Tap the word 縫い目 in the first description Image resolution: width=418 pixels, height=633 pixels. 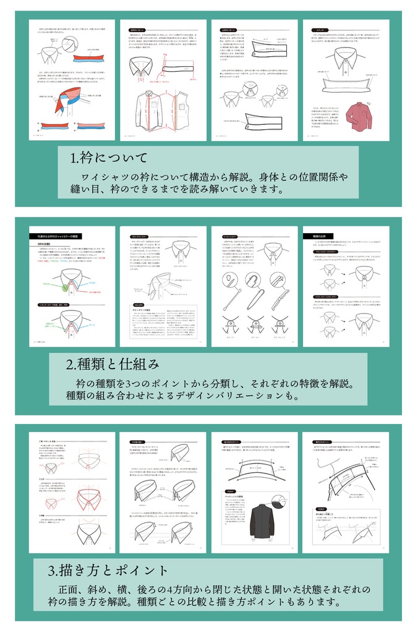(x=79, y=190)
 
